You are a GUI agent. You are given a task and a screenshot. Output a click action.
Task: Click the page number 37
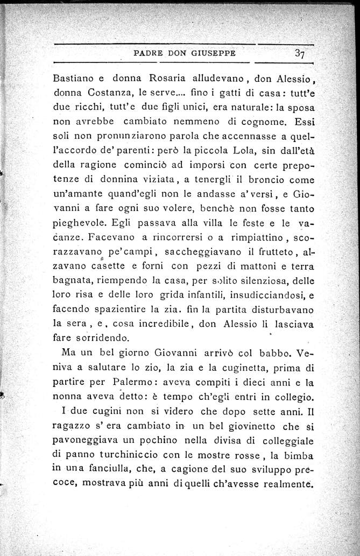(x=301, y=53)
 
